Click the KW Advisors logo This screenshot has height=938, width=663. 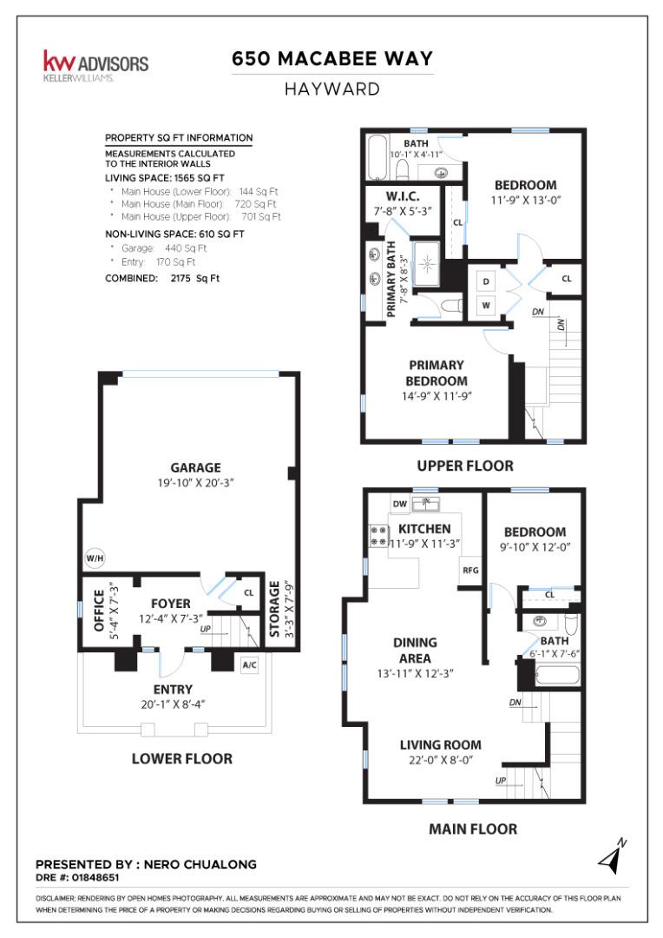click(95, 64)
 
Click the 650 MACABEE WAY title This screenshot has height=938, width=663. click(331, 59)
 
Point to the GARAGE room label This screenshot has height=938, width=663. click(195, 467)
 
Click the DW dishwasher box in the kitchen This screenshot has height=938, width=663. click(400, 504)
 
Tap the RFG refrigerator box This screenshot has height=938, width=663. click(469, 571)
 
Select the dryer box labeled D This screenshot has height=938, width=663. click(486, 282)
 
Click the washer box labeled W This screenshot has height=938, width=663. click(486, 305)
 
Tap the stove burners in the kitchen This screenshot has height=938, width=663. click(379, 535)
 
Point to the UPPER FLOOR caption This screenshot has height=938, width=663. click(464, 466)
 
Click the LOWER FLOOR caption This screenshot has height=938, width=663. click(181, 758)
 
